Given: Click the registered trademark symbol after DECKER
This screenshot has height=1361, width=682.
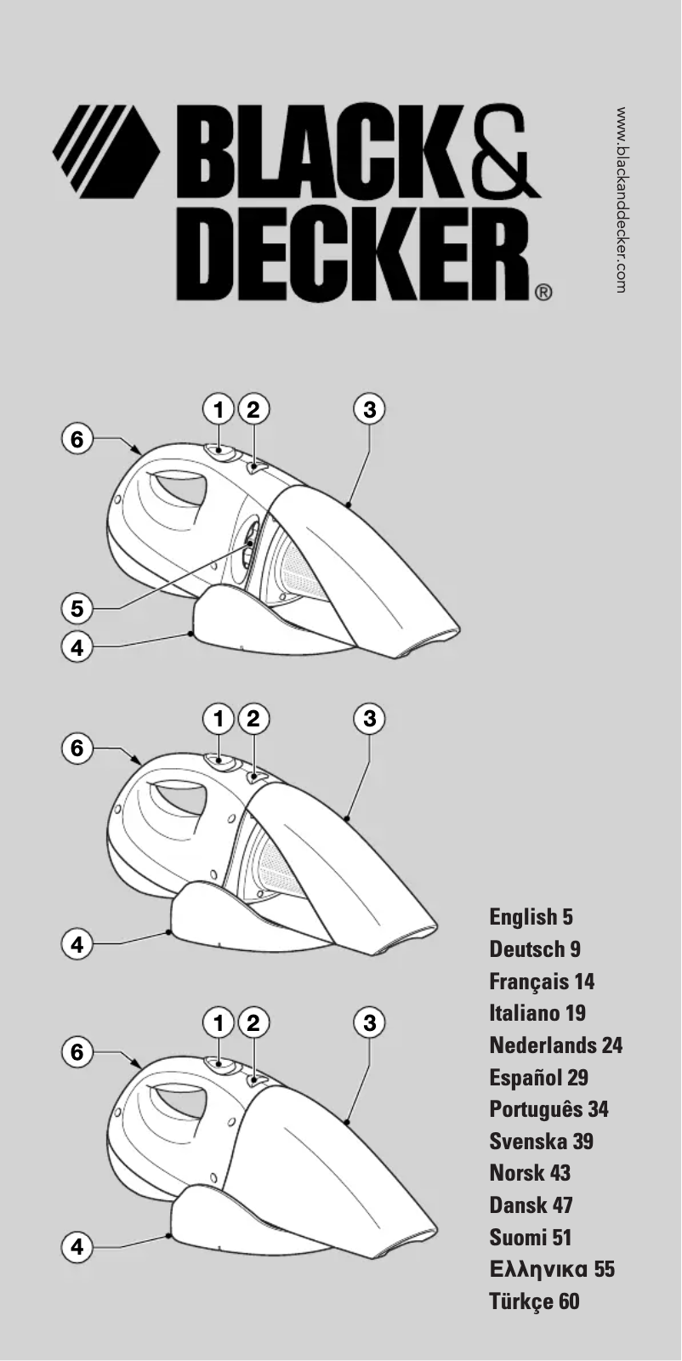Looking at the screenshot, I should pyautogui.click(x=544, y=293).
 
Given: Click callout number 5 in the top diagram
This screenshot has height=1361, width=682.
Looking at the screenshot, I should pyautogui.click(x=77, y=608).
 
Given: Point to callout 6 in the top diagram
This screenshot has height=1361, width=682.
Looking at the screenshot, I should pyautogui.click(x=77, y=439).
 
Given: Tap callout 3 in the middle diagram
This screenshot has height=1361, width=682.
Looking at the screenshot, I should pyautogui.click(x=369, y=719).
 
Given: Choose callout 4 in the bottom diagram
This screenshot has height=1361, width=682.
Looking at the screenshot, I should pyautogui.click(x=77, y=1247).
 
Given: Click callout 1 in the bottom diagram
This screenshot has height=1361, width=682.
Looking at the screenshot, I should pyautogui.click(x=219, y=1022).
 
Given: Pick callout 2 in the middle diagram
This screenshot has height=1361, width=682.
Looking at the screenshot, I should pyautogui.click(x=252, y=719).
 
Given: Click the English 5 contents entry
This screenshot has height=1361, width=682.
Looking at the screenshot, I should pyautogui.click(x=531, y=917).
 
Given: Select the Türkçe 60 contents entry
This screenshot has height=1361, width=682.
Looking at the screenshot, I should pyautogui.click(x=534, y=1301).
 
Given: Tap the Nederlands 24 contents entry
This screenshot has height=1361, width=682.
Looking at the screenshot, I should pyautogui.click(x=556, y=1045).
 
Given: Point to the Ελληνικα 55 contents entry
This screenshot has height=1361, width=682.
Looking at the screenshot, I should pyautogui.click(x=552, y=1269).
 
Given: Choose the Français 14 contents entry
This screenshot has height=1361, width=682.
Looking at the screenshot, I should pyautogui.click(x=542, y=982).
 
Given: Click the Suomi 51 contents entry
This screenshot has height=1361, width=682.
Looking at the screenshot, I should pyautogui.click(x=531, y=1238).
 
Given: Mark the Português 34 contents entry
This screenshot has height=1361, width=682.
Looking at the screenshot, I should pyautogui.click(x=549, y=1109).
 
